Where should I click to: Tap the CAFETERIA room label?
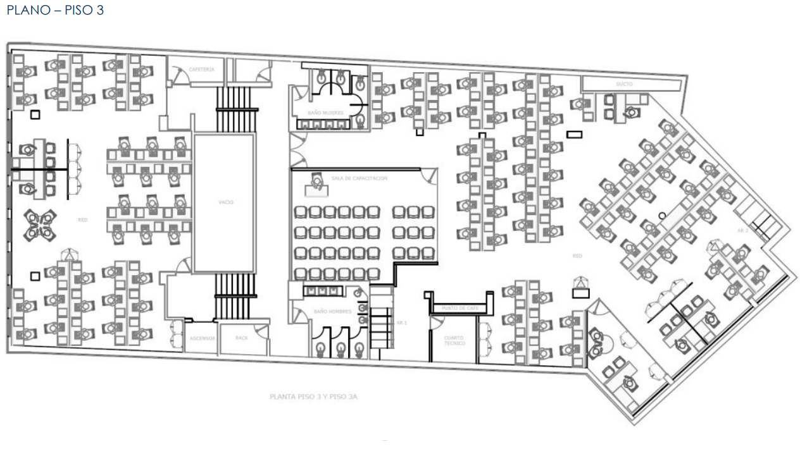click(202, 69)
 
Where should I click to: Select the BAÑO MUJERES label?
click(326, 113)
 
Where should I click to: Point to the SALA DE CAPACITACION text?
click(359, 178)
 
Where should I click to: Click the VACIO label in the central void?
click(226, 202)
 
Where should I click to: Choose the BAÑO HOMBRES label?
click(328, 312)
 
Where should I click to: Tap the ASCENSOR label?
click(203, 338)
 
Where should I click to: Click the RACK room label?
click(241, 338)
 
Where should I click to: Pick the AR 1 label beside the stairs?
click(402, 323)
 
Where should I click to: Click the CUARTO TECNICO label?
click(454, 340)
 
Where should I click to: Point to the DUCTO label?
click(624, 83)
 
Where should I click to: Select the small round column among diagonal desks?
click(662, 216)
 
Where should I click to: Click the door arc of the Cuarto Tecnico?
click(435, 323)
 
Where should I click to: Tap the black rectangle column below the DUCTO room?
click(575, 134)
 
